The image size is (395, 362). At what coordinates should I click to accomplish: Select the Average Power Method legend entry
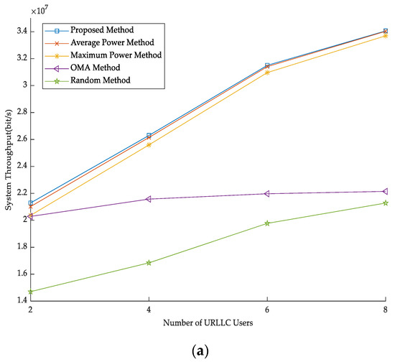pos(104,42)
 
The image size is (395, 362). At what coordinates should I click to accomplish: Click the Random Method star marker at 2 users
pos(30,292)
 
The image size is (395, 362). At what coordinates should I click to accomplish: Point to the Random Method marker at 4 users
pos(149,263)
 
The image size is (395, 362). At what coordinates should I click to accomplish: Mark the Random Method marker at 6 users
pos(267,223)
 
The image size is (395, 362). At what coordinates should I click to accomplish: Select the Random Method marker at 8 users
pos(386,203)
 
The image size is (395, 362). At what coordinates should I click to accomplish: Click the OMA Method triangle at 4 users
pos(149,199)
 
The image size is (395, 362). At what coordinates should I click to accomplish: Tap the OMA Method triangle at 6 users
pos(267,194)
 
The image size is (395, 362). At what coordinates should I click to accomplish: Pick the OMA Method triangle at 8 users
pos(386,192)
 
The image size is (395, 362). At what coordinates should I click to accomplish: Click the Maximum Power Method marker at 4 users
pos(149,145)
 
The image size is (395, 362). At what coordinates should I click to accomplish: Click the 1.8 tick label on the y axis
pos(19,247)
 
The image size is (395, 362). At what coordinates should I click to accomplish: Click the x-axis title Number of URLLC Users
pos(208,321)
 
